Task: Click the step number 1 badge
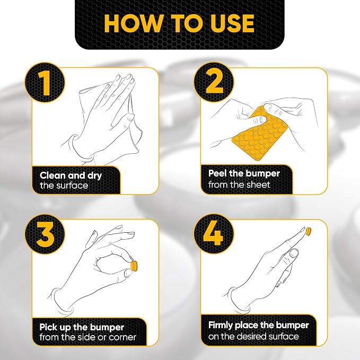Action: tap(45, 82)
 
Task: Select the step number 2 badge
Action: tap(214, 82)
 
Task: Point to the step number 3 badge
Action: tap(45, 234)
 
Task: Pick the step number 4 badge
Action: tap(214, 234)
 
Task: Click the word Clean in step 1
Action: tap(52, 175)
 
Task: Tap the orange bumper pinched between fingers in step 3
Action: tap(134, 266)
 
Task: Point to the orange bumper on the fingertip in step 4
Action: tap(309, 231)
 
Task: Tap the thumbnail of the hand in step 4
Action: tap(294, 253)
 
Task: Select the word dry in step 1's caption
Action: tap(94, 176)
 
